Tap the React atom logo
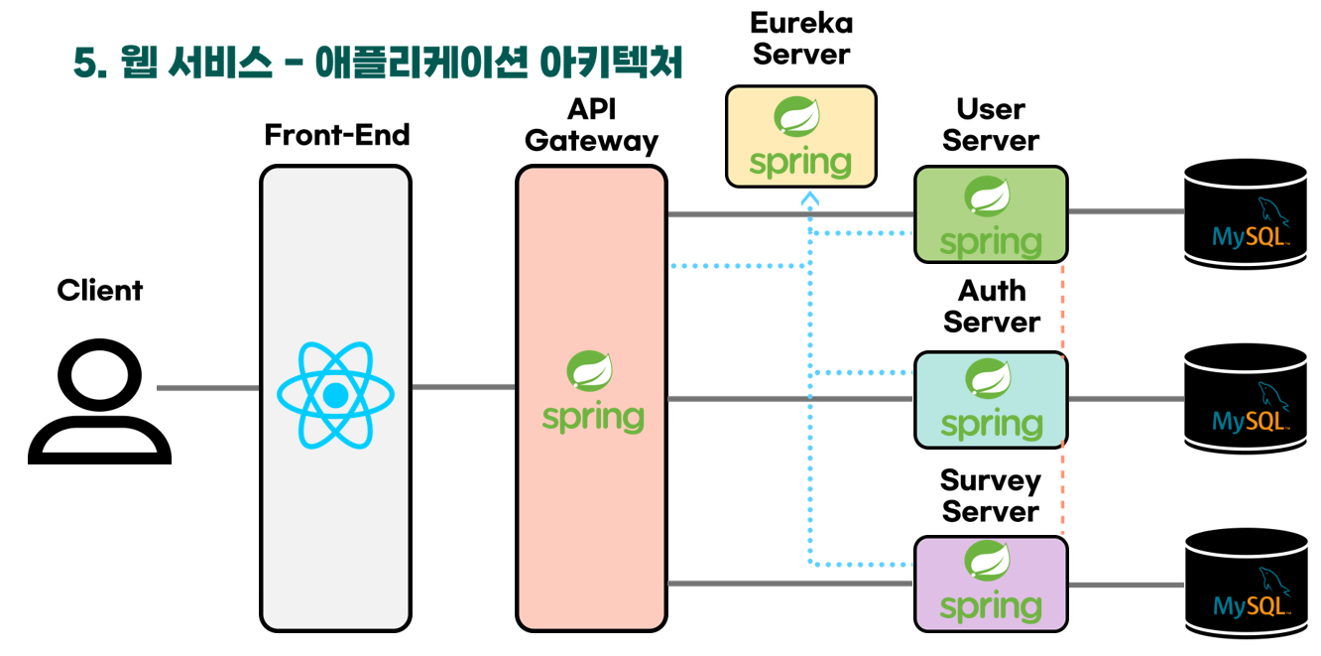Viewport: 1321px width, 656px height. point(335,395)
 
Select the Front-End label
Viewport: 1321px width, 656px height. point(337,135)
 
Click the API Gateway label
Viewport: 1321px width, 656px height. point(591,125)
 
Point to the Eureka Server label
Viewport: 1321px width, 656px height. point(801,39)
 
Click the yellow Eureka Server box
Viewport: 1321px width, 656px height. point(801,136)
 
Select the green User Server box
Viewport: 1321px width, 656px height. point(991,214)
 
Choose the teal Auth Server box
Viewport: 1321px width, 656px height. point(991,399)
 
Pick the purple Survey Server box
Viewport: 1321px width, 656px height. point(991,584)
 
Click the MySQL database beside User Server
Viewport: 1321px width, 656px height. point(1246,213)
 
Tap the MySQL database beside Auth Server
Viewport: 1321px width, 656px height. point(1246,399)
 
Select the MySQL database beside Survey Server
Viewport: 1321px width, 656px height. point(1246,584)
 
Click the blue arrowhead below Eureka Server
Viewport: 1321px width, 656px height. point(810,197)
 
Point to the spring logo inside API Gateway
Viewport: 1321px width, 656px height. point(593,392)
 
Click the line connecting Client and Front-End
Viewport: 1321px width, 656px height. point(207,388)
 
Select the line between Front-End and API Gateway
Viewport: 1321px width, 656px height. point(463,387)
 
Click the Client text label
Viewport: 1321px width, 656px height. point(99,290)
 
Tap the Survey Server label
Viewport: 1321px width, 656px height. point(991,495)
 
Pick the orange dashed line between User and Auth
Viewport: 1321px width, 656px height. point(1063,308)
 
